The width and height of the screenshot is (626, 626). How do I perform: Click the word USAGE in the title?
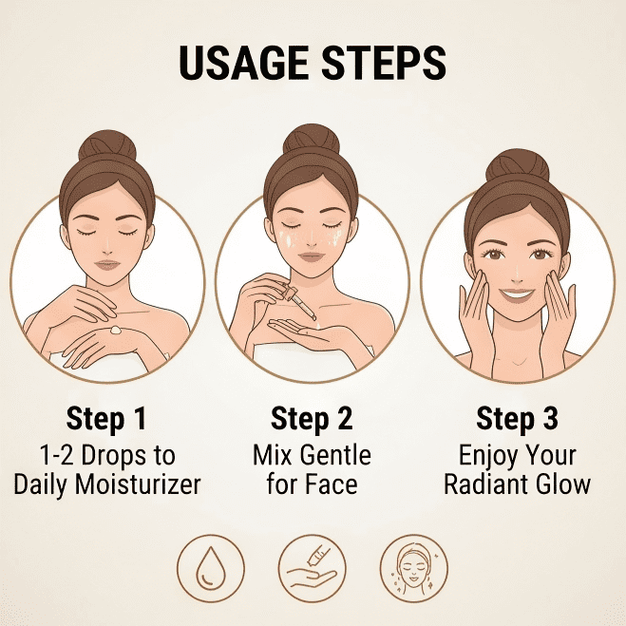(243, 63)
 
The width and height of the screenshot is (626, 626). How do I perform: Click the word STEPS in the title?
(384, 63)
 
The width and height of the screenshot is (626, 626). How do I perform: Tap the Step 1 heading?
(106, 420)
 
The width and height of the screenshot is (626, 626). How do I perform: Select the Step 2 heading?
(312, 420)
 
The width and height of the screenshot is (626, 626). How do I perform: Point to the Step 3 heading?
(517, 420)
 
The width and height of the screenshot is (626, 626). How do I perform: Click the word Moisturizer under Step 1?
(138, 484)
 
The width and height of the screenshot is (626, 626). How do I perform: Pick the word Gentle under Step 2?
(335, 456)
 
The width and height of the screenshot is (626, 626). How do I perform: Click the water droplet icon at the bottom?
(210, 568)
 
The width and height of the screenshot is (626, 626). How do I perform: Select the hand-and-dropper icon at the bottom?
(312, 568)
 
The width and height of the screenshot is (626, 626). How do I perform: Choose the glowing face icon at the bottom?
(413, 568)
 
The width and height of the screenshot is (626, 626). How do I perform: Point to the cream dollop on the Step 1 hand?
(115, 330)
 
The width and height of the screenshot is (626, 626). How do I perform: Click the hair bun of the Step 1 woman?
(107, 145)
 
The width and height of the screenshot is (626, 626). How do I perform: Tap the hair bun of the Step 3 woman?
(518, 165)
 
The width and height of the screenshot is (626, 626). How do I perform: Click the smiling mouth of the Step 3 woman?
(517, 294)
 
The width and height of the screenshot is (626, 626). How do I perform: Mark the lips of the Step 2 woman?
(312, 257)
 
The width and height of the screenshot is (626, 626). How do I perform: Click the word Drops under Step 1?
(114, 457)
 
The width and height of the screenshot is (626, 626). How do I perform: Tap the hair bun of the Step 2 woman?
(311, 141)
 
